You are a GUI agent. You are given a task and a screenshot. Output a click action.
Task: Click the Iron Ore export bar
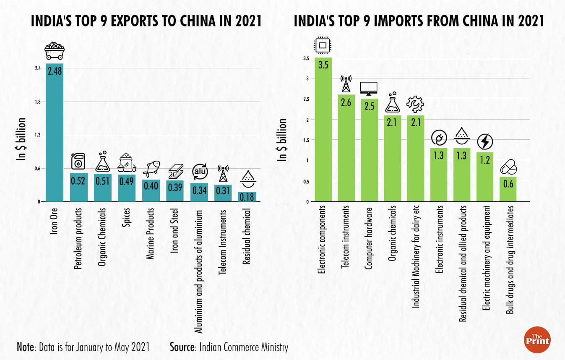(x=55, y=134)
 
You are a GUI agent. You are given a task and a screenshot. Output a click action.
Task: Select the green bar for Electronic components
(x=323, y=130)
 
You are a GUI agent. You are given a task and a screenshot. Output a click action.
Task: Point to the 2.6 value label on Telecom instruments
(x=346, y=102)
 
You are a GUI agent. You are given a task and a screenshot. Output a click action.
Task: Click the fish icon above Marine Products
(x=151, y=168)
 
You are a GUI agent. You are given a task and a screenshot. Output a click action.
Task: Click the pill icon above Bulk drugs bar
(x=508, y=167)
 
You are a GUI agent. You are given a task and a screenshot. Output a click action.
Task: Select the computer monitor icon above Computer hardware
(x=369, y=88)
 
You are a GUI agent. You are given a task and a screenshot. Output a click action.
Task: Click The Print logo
(x=537, y=339)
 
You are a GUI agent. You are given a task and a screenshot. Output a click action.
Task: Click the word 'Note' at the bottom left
(x=26, y=347)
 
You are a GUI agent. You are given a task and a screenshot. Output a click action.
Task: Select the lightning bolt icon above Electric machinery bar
(x=485, y=142)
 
